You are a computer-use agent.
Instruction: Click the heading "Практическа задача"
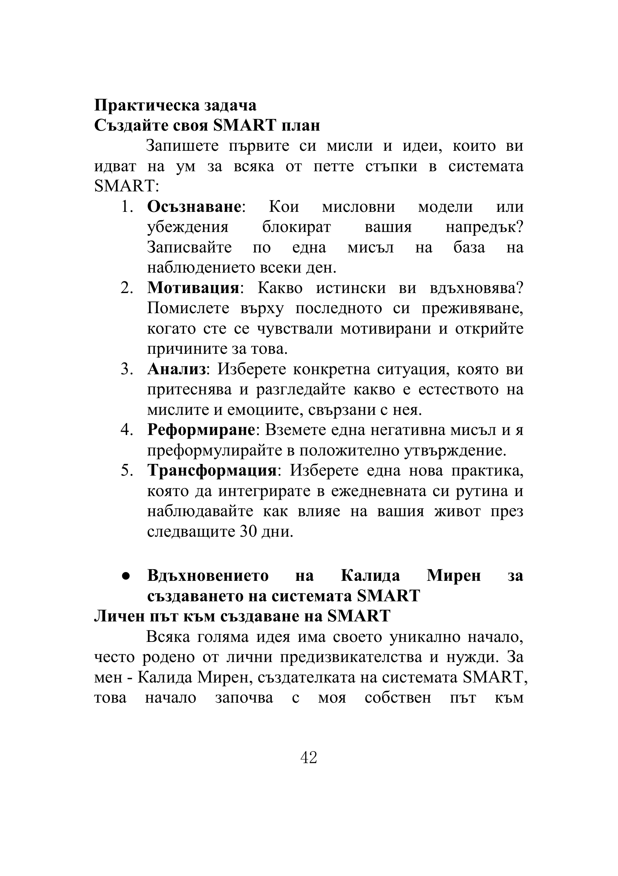[175, 105]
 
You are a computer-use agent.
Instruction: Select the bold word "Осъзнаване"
[194, 207]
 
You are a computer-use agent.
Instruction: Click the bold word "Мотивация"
[193, 288]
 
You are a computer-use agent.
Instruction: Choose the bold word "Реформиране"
[201, 430]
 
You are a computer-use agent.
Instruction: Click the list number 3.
[126, 369]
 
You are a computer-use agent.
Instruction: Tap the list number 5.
[126, 470]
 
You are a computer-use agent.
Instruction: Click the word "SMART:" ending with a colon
[126, 186]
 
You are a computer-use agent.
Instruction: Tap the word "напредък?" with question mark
[484, 227]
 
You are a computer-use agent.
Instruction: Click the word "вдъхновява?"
[476, 288]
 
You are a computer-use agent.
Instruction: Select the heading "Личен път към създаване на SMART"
[242, 616]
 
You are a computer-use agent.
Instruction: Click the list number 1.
[126, 207]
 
